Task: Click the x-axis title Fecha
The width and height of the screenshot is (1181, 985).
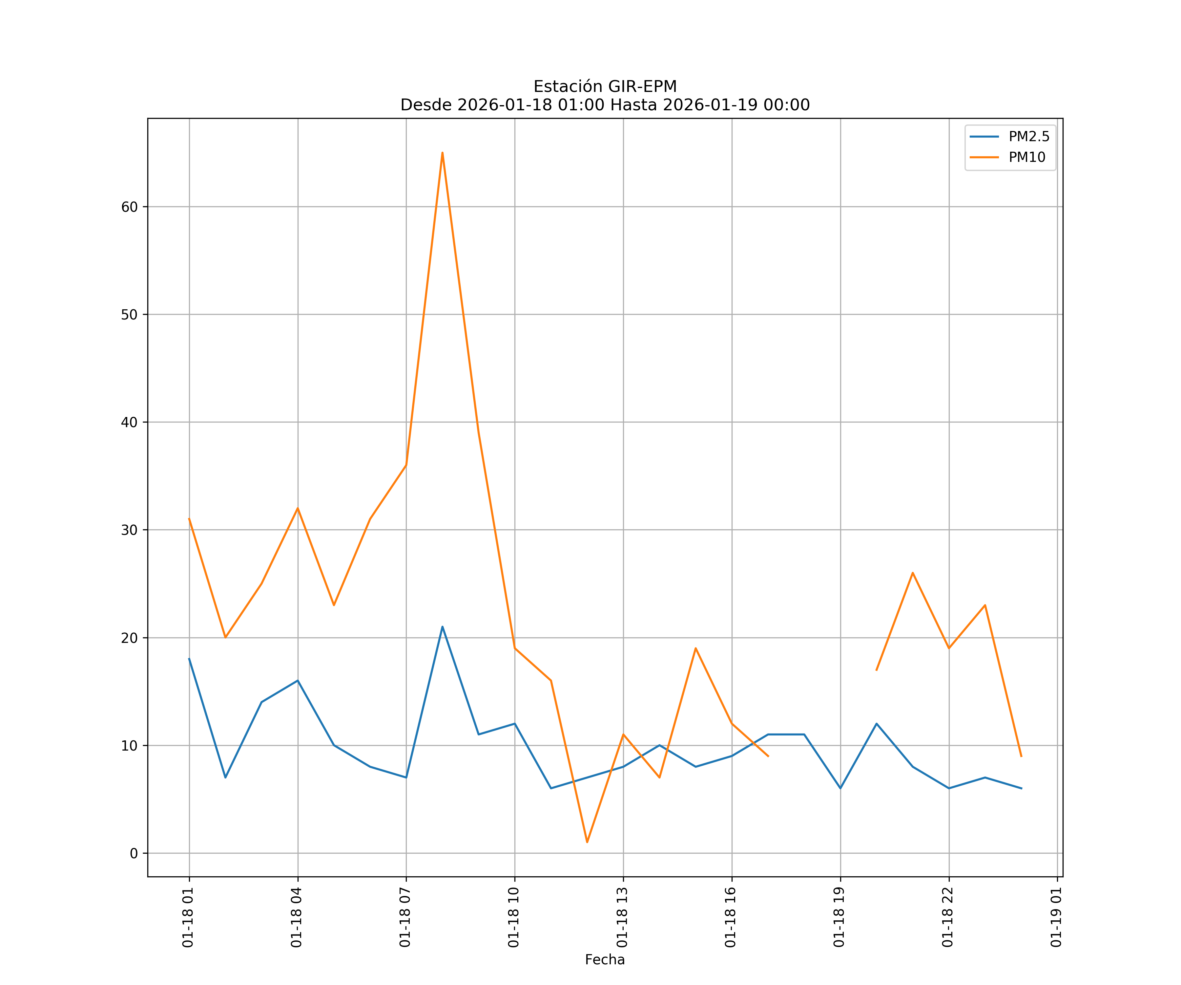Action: (x=605, y=960)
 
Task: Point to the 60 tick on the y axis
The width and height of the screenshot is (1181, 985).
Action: (x=129, y=207)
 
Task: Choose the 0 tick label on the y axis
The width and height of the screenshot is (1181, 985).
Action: (x=134, y=853)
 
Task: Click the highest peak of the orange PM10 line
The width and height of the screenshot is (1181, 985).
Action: (x=443, y=153)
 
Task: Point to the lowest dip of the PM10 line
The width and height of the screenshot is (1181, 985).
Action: (x=587, y=842)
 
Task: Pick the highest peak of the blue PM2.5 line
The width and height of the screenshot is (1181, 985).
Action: (x=443, y=626)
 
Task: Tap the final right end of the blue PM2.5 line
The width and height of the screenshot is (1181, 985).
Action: (x=1021, y=788)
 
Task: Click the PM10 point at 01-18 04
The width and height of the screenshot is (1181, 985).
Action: (x=298, y=508)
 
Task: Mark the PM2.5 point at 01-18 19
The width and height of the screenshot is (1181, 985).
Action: (x=840, y=788)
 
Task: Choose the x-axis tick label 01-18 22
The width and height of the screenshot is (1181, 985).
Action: (x=948, y=917)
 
